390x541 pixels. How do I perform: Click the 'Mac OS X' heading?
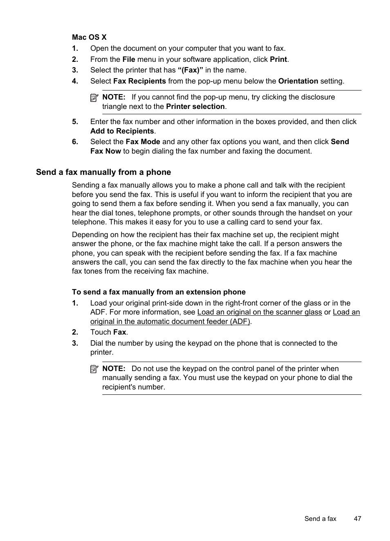click(x=89, y=37)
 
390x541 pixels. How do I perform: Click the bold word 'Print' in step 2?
click(x=278, y=59)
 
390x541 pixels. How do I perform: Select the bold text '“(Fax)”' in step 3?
click(x=190, y=70)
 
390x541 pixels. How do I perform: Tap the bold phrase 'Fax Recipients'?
click(x=139, y=81)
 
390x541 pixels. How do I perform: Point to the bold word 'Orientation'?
click(x=298, y=81)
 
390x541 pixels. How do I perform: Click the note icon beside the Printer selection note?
click(x=94, y=98)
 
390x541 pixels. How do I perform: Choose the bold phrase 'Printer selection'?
click(x=195, y=106)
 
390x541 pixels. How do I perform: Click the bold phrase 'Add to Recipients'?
click(x=122, y=131)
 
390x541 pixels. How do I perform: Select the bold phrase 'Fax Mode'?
click(x=143, y=142)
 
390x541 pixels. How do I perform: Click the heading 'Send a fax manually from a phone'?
click(x=103, y=172)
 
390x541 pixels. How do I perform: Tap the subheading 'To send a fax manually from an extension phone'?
click(x=159, y=292)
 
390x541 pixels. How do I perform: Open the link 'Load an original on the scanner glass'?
click(x=259, y=312)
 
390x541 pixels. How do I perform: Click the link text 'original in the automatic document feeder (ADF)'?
click(x=170, y=321)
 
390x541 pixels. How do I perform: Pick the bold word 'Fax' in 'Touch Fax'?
click(x=119, y=332)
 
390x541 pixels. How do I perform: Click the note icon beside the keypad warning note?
click(x=94, y=369)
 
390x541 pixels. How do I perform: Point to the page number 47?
click(x=357, y=518)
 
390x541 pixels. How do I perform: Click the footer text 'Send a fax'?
click(x=320, y=518)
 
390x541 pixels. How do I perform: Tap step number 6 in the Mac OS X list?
click(x=75, y=142)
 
